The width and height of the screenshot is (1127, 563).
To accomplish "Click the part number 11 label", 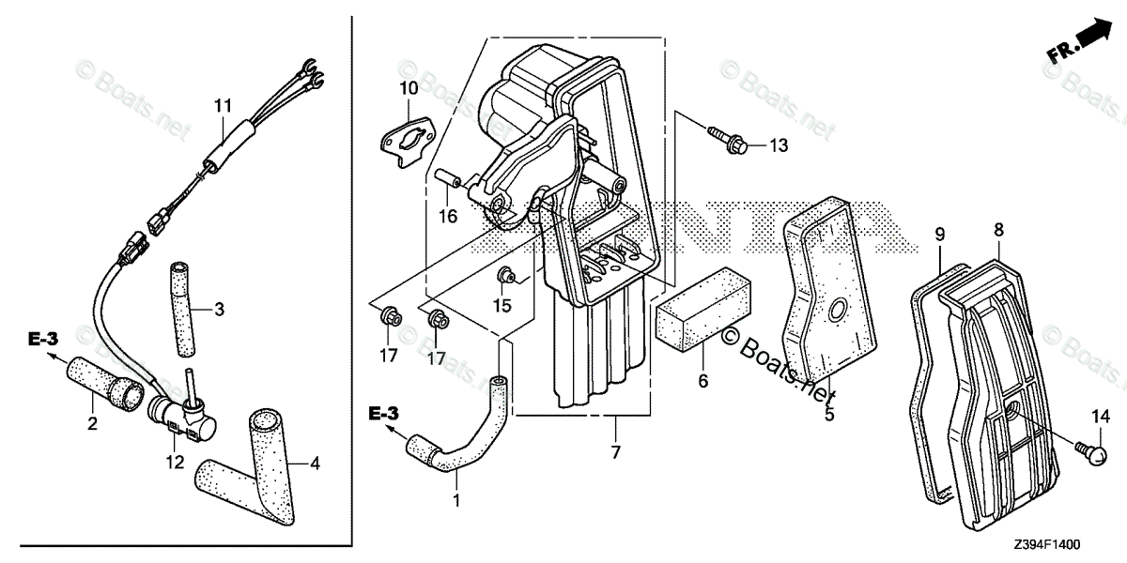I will coord(222,106).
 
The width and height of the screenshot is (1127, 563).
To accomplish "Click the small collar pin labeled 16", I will coord(449,177).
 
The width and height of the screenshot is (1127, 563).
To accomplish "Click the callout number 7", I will coord(615,453).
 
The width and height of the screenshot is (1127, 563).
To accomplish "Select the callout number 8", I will coord(998,228).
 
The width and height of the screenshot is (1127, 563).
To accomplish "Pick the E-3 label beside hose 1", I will coord(385,414).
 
